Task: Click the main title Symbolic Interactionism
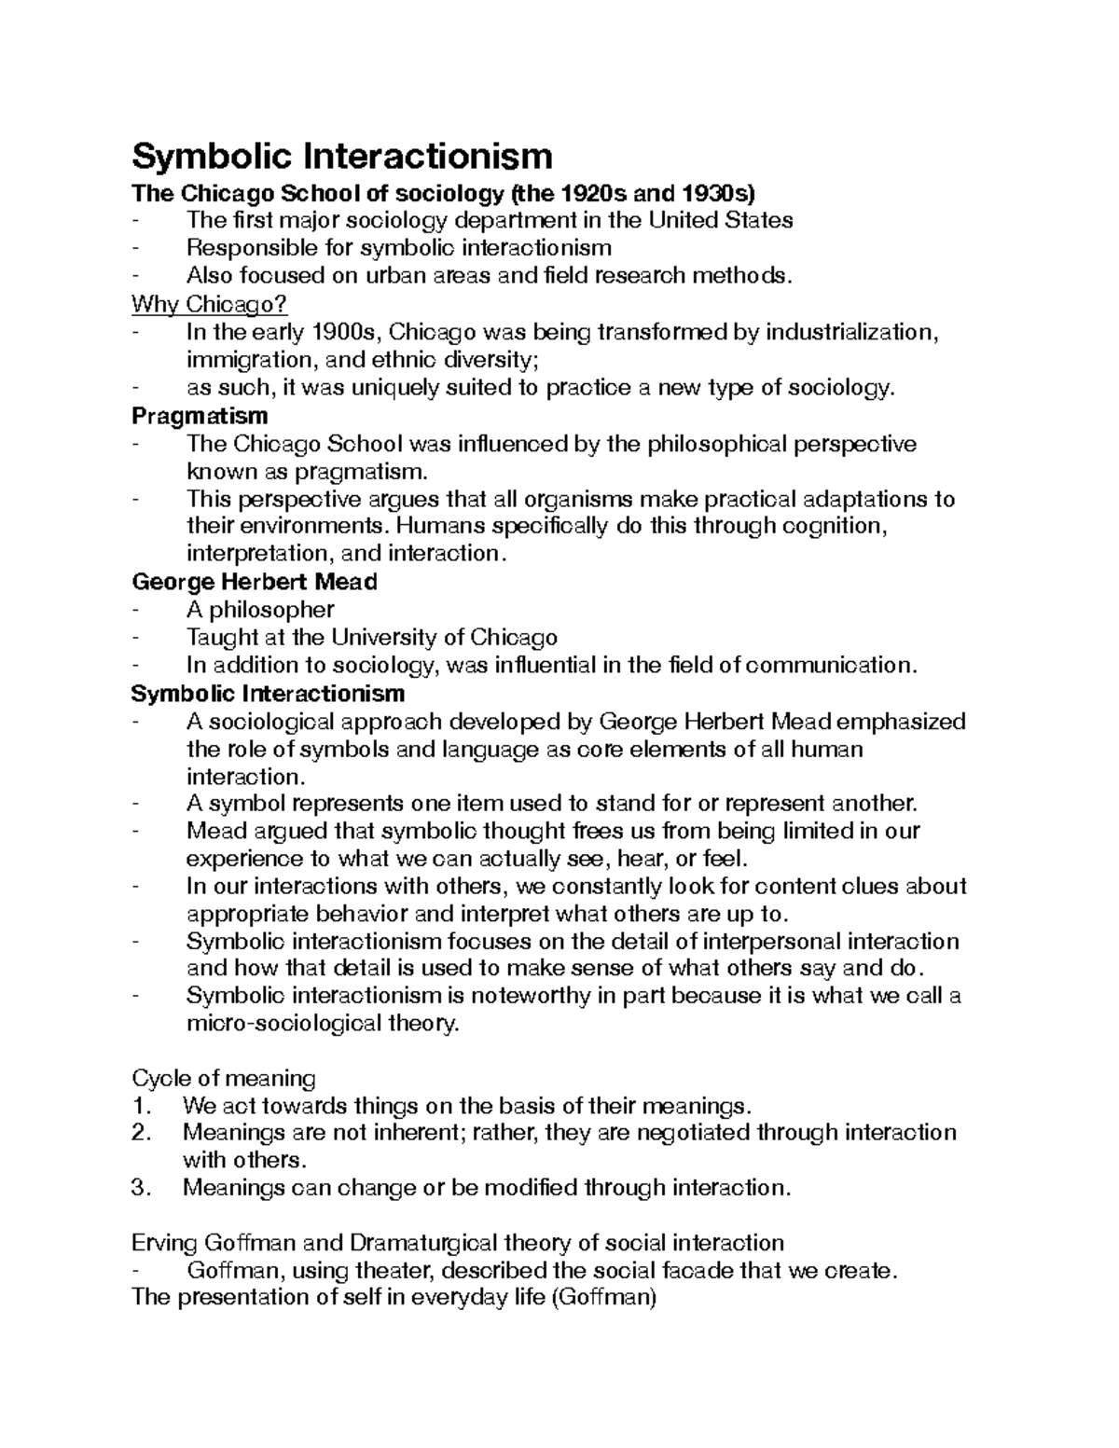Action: pos(342,155)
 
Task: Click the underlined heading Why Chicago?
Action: pos(210,304)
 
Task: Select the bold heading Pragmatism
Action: pos(200,415)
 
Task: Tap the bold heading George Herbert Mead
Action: pos(255,582)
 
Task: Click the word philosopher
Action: pos(271,610)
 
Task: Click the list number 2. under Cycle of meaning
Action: pos(143,1133)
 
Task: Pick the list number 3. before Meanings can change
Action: pos(143,1188)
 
